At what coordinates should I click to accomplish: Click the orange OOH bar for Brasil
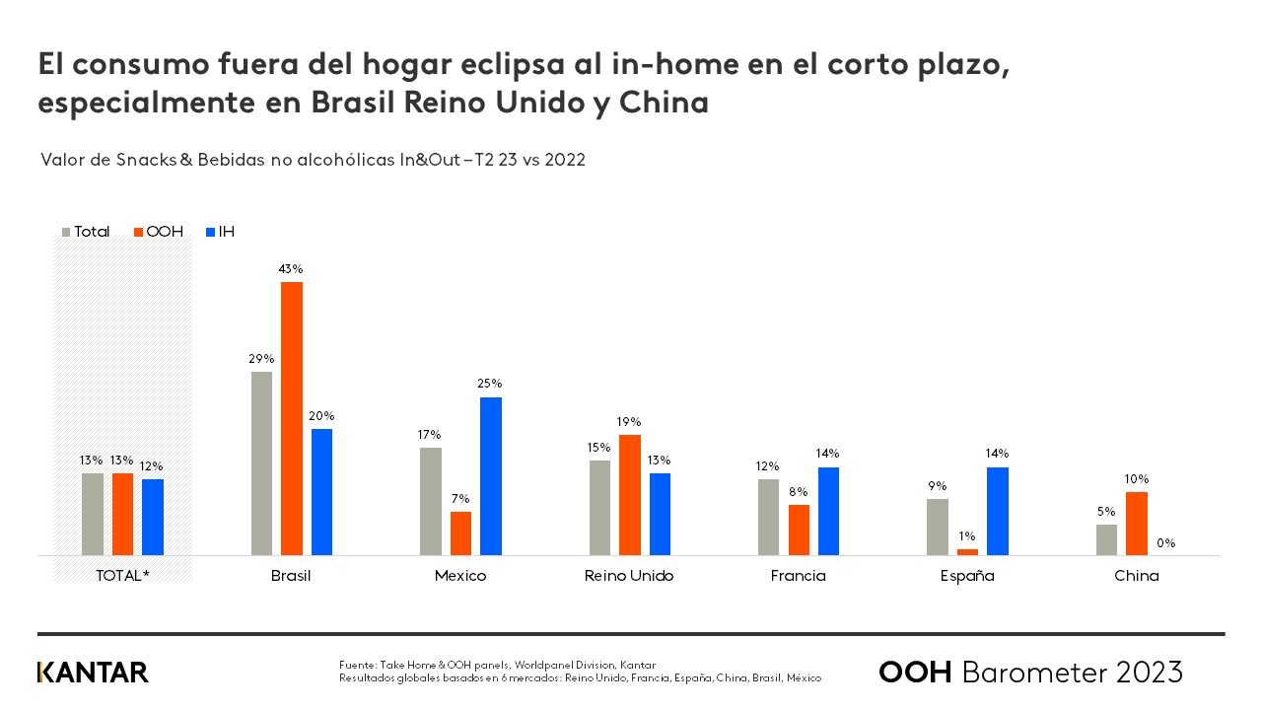click(292, 418)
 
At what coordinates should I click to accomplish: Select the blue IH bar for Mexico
click(491, 476)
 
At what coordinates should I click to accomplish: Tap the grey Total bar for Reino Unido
click(599, 508)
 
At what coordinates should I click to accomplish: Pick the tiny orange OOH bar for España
click(967, 552)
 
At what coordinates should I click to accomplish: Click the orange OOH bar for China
click(1137, 524)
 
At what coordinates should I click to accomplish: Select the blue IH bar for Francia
click(828, 511)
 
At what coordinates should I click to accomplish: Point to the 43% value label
click(291, 268)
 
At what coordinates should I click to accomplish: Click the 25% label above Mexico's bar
click(490, 384)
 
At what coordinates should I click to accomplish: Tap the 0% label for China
click(1166, 543)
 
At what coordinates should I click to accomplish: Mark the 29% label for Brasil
click(261, 359)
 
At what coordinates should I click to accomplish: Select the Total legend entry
click(86, 232)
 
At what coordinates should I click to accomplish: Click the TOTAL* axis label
click(122, 576)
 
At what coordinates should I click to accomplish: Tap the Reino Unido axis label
click(629, 576)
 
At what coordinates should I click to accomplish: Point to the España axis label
click(967, 576)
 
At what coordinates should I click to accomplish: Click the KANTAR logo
click(93, 673)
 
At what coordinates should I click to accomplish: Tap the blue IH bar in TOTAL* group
click(153, 517)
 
